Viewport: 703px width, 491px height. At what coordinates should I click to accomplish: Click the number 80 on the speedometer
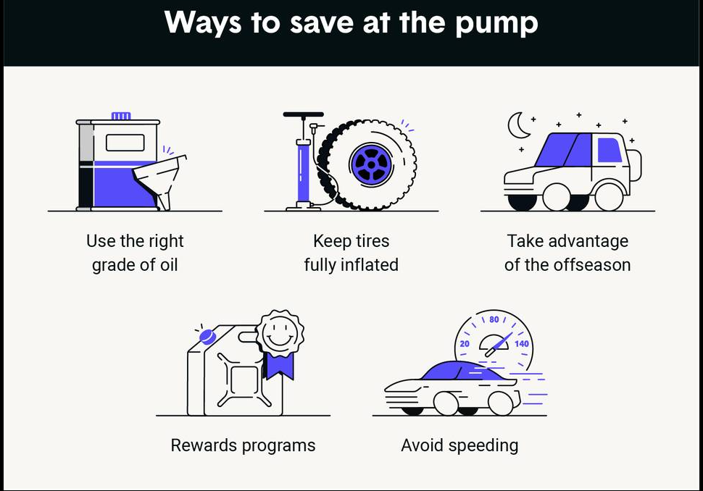[x=494, y=319]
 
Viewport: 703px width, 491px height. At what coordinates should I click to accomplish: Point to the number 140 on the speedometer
[x=521, y=343]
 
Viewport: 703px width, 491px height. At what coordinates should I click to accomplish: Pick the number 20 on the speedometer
[x=465, y=343]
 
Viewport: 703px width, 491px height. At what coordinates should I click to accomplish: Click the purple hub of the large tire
[x=371, y=165]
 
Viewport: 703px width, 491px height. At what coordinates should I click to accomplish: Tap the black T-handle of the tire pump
[x=304, y=114]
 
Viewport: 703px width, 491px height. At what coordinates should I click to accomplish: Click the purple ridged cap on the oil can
[x=121, y=116]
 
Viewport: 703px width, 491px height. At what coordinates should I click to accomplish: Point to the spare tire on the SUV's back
[x=636, y=165]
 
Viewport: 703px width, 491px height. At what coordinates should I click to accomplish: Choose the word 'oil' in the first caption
[x=169, y=265]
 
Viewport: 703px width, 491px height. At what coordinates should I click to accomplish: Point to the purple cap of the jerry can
[x=207, y=337]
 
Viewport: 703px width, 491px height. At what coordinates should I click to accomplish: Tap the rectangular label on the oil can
[x=125, y=143]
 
